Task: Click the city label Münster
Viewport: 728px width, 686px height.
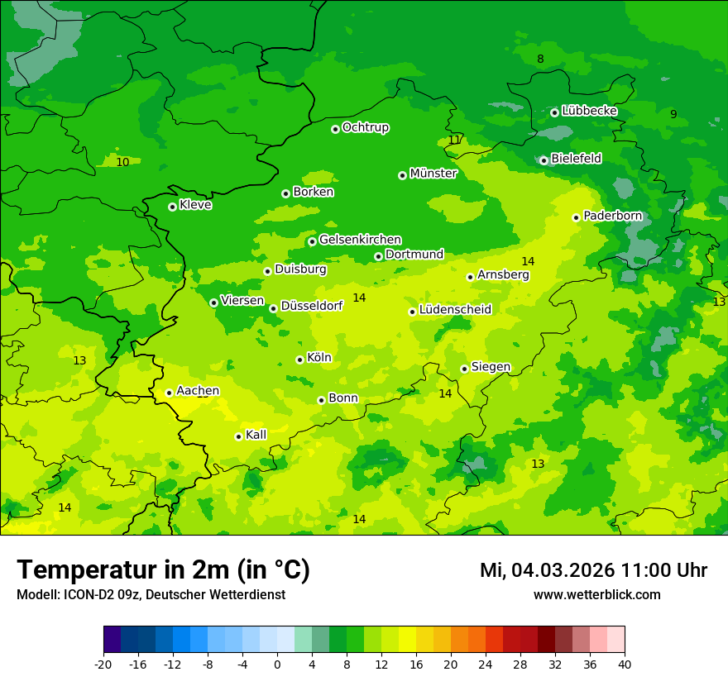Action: (x=433, y=174)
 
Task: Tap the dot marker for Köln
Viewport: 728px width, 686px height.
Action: (x=299, y=360)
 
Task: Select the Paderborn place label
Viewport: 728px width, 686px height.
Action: (x=612, y=216)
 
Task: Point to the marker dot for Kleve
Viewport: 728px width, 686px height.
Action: (x=172, y=207)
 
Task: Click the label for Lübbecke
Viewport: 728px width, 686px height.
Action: (x=589, y=111)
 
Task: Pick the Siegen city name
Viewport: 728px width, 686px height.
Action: (x=491, y=367)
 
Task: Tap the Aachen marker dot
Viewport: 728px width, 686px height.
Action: (x=169, y=393)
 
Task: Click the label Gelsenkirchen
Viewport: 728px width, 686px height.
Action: (x=360, y=240)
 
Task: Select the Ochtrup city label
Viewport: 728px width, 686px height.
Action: (x=365, y=127)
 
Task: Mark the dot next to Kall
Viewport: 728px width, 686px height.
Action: (x=238, y=436)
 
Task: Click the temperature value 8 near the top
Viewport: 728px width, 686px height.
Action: (x=540, y=59)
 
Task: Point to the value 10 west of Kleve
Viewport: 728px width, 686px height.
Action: (x=122, y=162)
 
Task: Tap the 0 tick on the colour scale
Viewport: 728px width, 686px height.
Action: (x=277, y=664)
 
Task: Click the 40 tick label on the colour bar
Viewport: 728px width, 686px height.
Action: (x=625, y=664)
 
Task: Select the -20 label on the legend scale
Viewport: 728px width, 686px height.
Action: (x=103, y=664)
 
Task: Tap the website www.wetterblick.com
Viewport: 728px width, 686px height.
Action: (x=596, y=594)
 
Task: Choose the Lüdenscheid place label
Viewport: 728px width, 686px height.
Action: (x=455, y=310)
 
